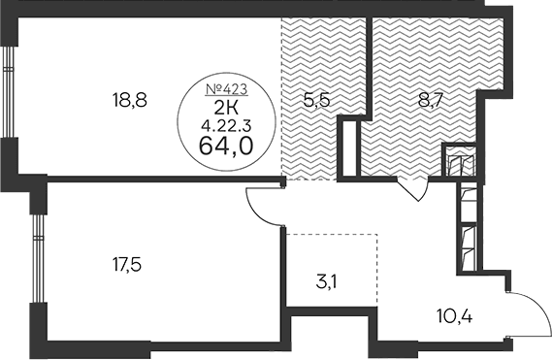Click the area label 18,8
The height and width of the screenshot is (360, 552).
(129, 100)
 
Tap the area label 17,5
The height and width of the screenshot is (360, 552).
(127, 265)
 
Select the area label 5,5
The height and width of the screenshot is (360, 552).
(316, 100)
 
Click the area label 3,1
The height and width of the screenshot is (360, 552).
(326, 282)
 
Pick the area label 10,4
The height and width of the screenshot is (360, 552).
(454, 315)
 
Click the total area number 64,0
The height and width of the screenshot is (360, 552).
(226, 146)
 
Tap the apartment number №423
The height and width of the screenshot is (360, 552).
(227, 89)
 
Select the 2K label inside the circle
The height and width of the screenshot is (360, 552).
(226, 108)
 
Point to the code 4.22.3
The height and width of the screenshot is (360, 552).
(226, 125)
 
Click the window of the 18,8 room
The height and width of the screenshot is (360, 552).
(8, 91)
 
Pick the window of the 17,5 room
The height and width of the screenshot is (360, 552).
(38, 258)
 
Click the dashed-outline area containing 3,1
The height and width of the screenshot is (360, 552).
(331, 270)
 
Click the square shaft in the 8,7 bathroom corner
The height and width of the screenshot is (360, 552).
(460, 160)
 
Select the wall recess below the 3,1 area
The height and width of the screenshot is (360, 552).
(330, 328)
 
